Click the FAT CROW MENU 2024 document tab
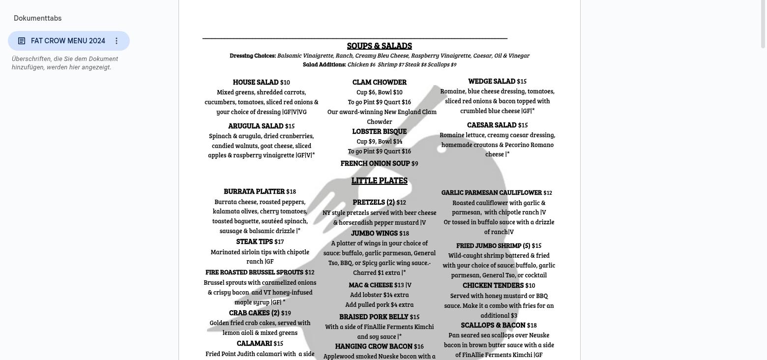tap(68, 41)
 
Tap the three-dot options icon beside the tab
tap(117, 41)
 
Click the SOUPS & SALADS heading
tap(379, 46)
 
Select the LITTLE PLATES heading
tap(379, 180)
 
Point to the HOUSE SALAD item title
tap(256, 82)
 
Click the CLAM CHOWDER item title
tap(379, 82)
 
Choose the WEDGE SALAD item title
tap(492, 81)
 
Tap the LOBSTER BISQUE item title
tap(379, 131)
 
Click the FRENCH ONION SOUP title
tap(375, 163)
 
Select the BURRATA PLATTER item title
tap(254, 191)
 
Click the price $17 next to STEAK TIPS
tap(279, 241)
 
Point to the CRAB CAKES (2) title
tap(254, 313)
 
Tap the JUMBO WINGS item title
tap(374, 233)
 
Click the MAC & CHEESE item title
tap(371, 285)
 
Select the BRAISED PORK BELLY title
tap(374, 317)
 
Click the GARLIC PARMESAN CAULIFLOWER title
tap(492, 192)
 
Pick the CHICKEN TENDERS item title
tap(493, 285)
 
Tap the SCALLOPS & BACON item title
tap(493, 325)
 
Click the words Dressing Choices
tap(253, 56)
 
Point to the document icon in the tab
tap(22, 41)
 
